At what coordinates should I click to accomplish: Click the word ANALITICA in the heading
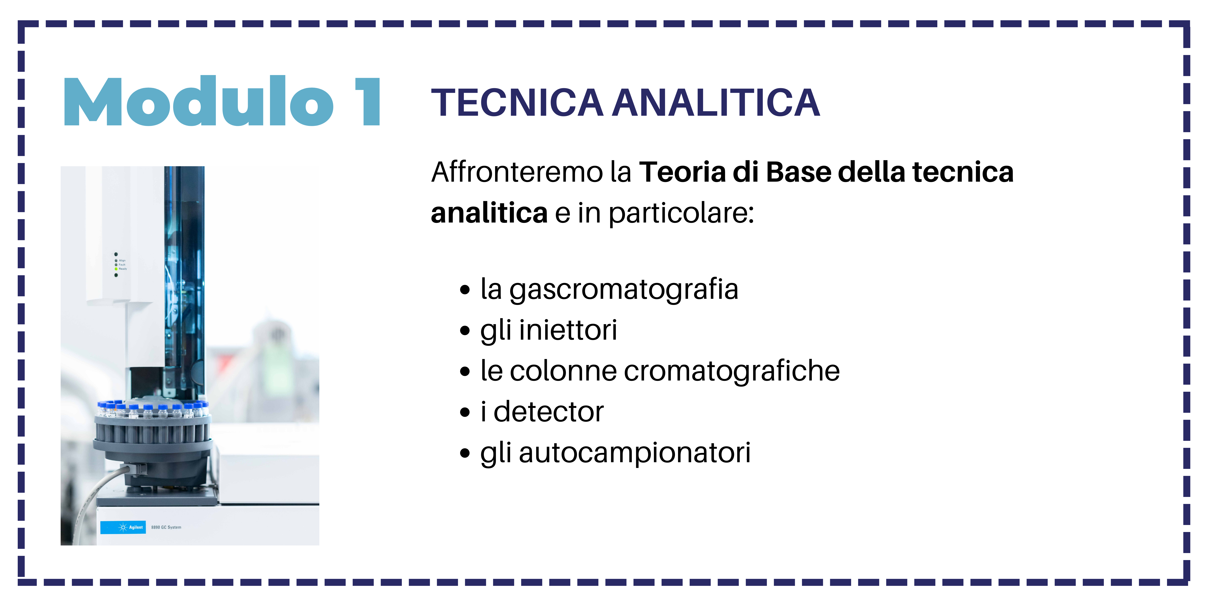[716, 103]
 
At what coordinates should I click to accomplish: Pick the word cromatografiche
[732, 371]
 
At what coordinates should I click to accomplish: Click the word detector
[549, 412]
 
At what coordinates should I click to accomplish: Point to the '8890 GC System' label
[166, 527]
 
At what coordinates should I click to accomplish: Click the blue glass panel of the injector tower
[185, 278]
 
